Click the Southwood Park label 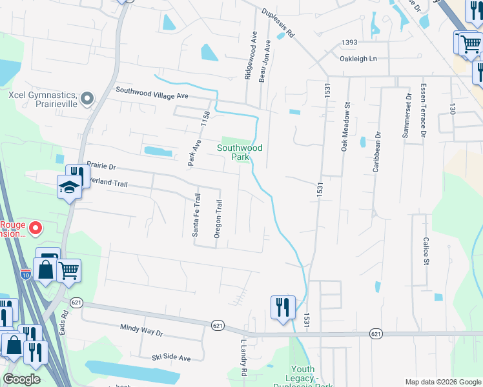pos(240,152)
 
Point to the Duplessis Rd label pos(278,23)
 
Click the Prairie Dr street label pos(101,166)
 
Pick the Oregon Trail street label pos(218,219)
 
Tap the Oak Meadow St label pos(346,126)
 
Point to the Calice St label pos(426,250)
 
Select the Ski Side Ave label pos(171,357)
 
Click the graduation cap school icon pos(68,188)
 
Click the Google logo pos(21,379)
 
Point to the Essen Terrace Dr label pos(424,110)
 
